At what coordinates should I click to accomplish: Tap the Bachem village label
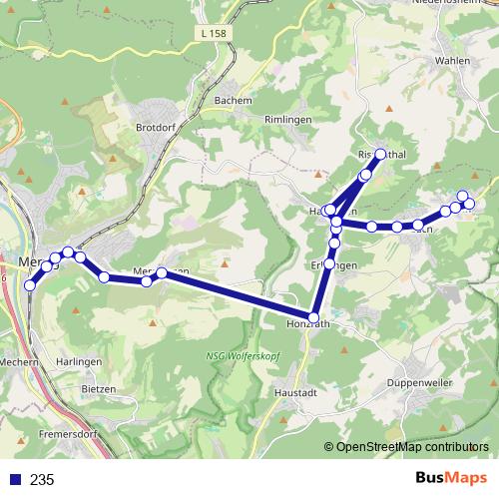click(233, 101)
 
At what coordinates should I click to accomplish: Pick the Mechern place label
click(19, 362)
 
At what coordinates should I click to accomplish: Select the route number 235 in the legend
click(42, 479)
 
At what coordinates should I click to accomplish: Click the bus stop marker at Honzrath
click(315, 317)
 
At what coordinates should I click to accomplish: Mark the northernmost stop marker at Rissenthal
click(380, 155)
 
